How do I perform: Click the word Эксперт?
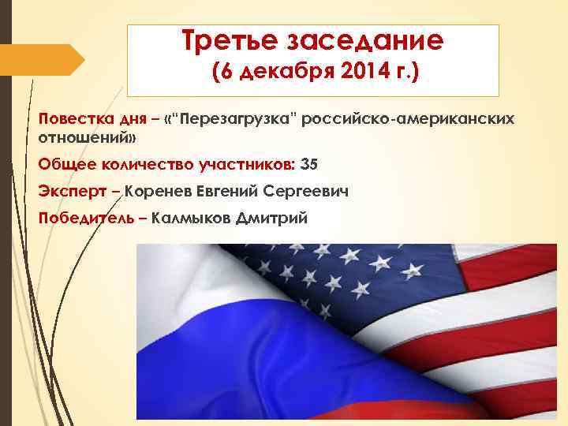click(67, 191)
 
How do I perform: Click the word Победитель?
click(87, 218)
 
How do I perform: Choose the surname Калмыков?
click(190, 218)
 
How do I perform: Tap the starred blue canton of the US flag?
click(355, 276)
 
